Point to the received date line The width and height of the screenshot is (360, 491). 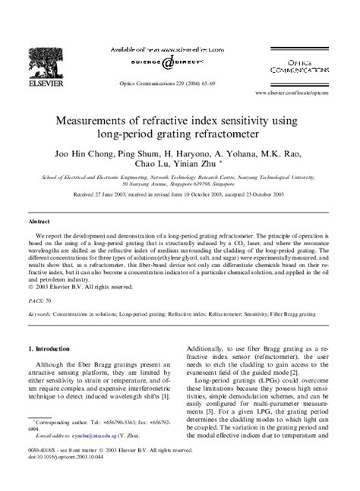[180, 194]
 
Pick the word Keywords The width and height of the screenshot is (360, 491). [40, 312]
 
